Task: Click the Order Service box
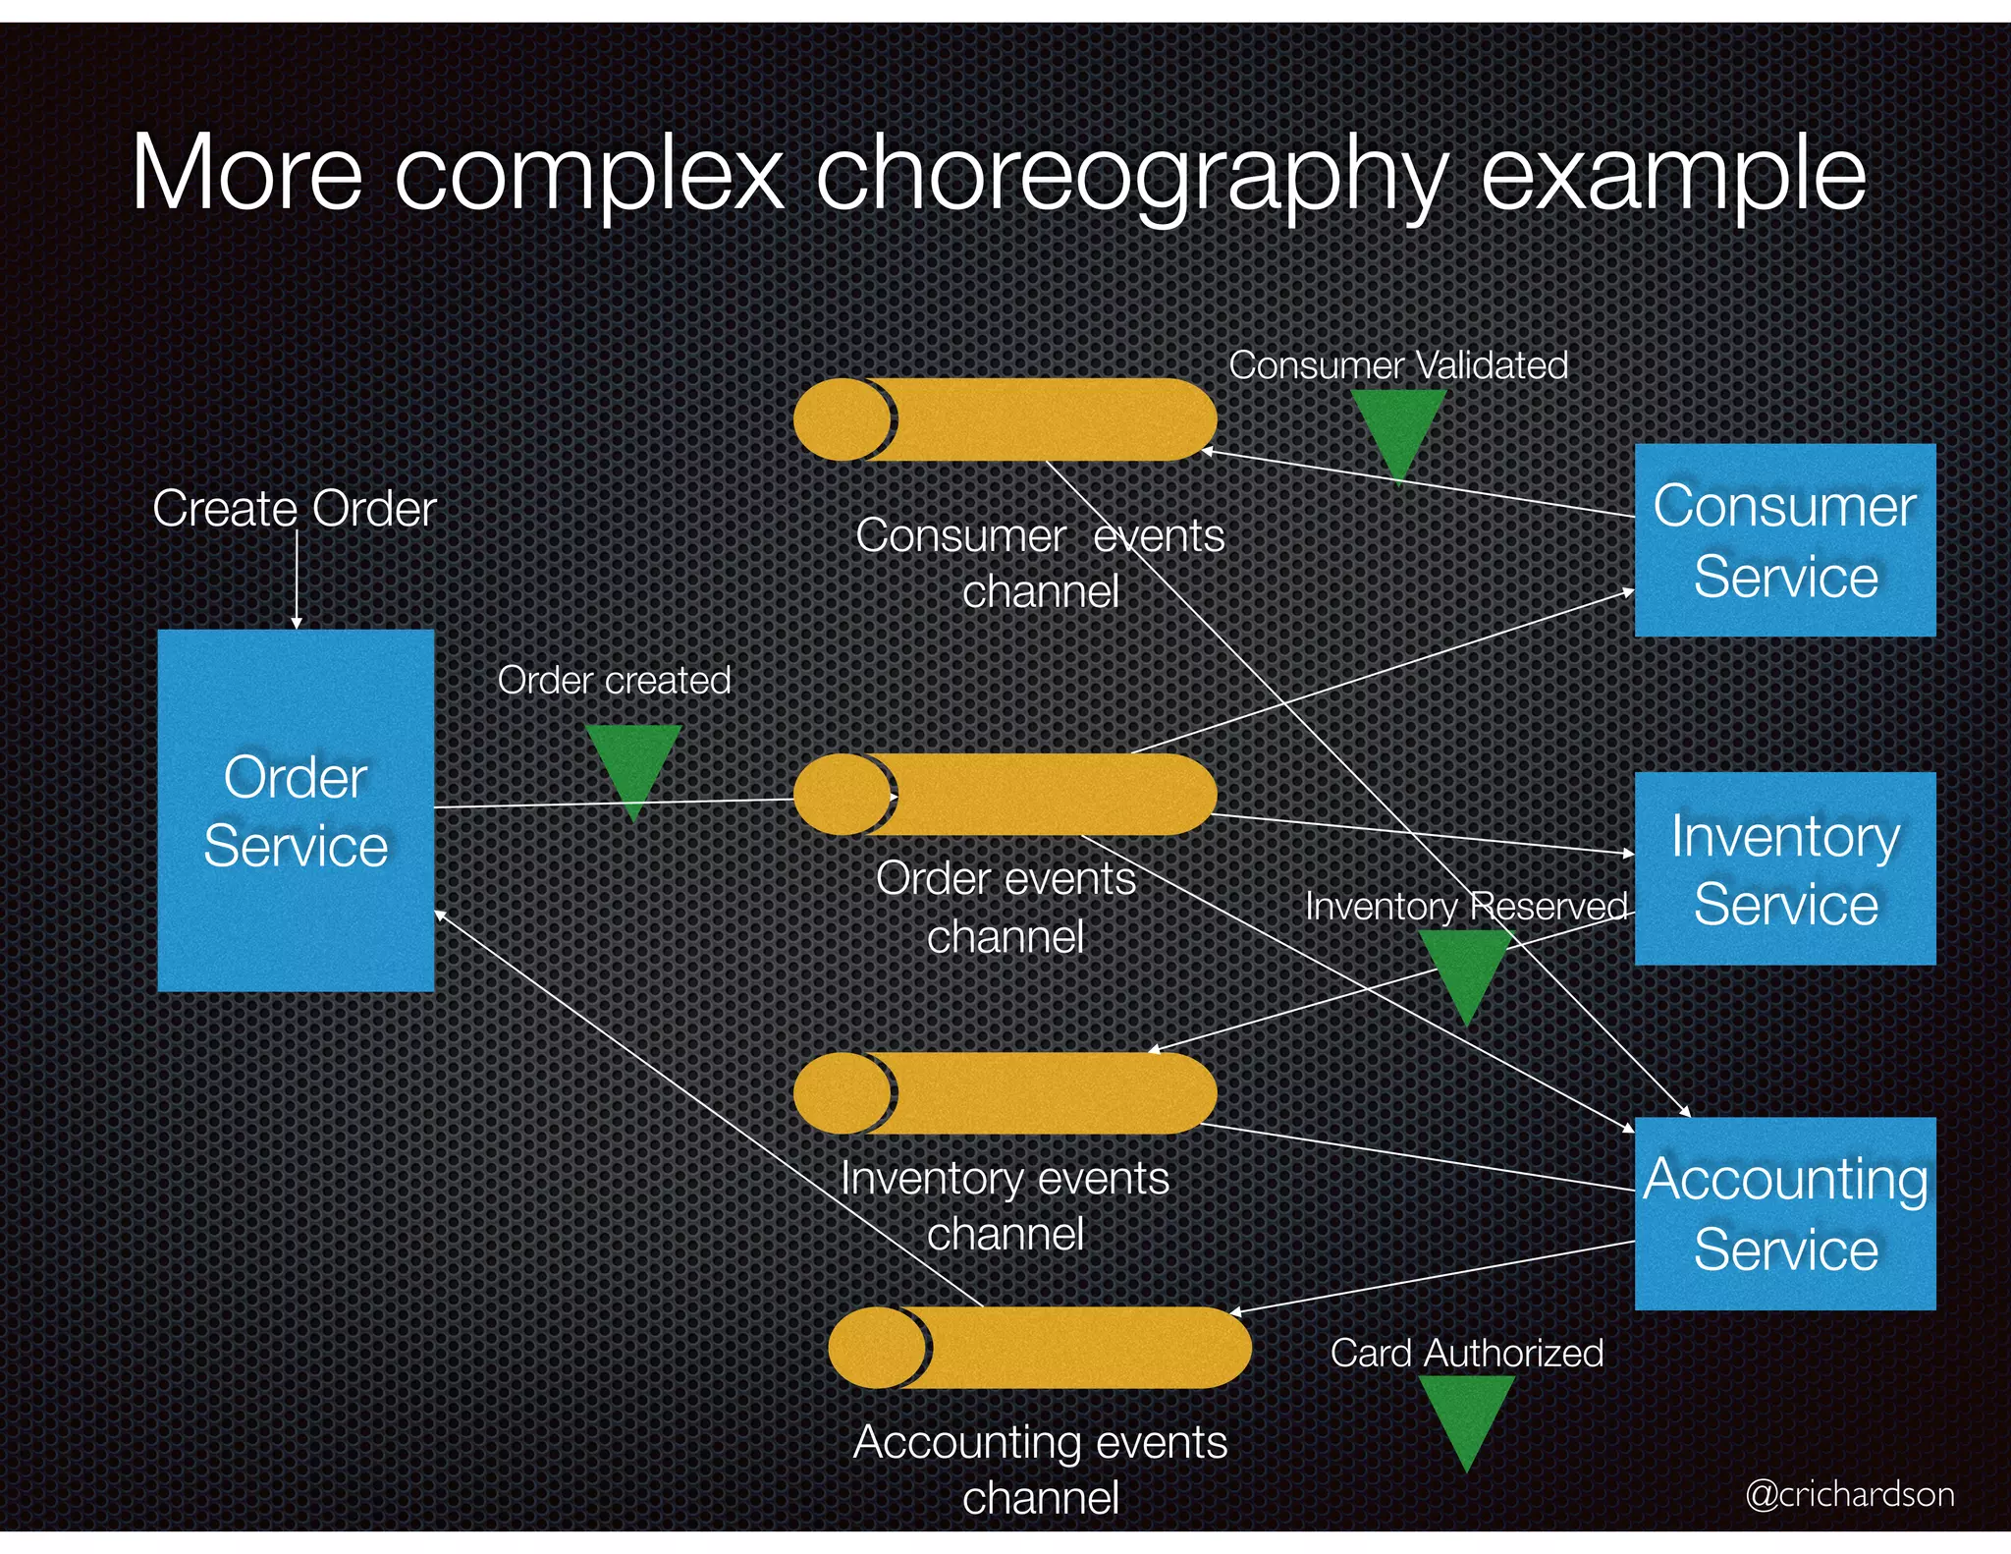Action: click(x=296, y=810)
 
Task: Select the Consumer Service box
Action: click(x=1784, y=540)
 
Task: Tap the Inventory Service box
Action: click(x=1784, y=868)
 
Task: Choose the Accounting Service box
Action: click(x=1784, y=1213)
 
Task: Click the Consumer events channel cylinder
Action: click(x=1005, y=419)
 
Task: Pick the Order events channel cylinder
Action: click(x=1005, y=794)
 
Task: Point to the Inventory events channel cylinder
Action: click(x=1005, y=1093)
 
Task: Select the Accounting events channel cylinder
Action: click(x=1040, y=1348)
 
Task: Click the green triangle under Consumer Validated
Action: click(x=1397, y=427)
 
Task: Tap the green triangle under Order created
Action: click(x=633, y=764)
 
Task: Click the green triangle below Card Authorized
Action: click(x=1466, y=1415)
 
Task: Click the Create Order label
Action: click(x=294, y=509)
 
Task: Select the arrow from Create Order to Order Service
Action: click(x=297, y=580)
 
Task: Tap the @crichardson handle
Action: click(x=1849, y=1494)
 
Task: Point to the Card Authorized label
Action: click(x=1466, y=1353)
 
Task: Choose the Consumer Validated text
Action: click(x=1397, y=365)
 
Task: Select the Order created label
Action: click(x=614, y=680)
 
